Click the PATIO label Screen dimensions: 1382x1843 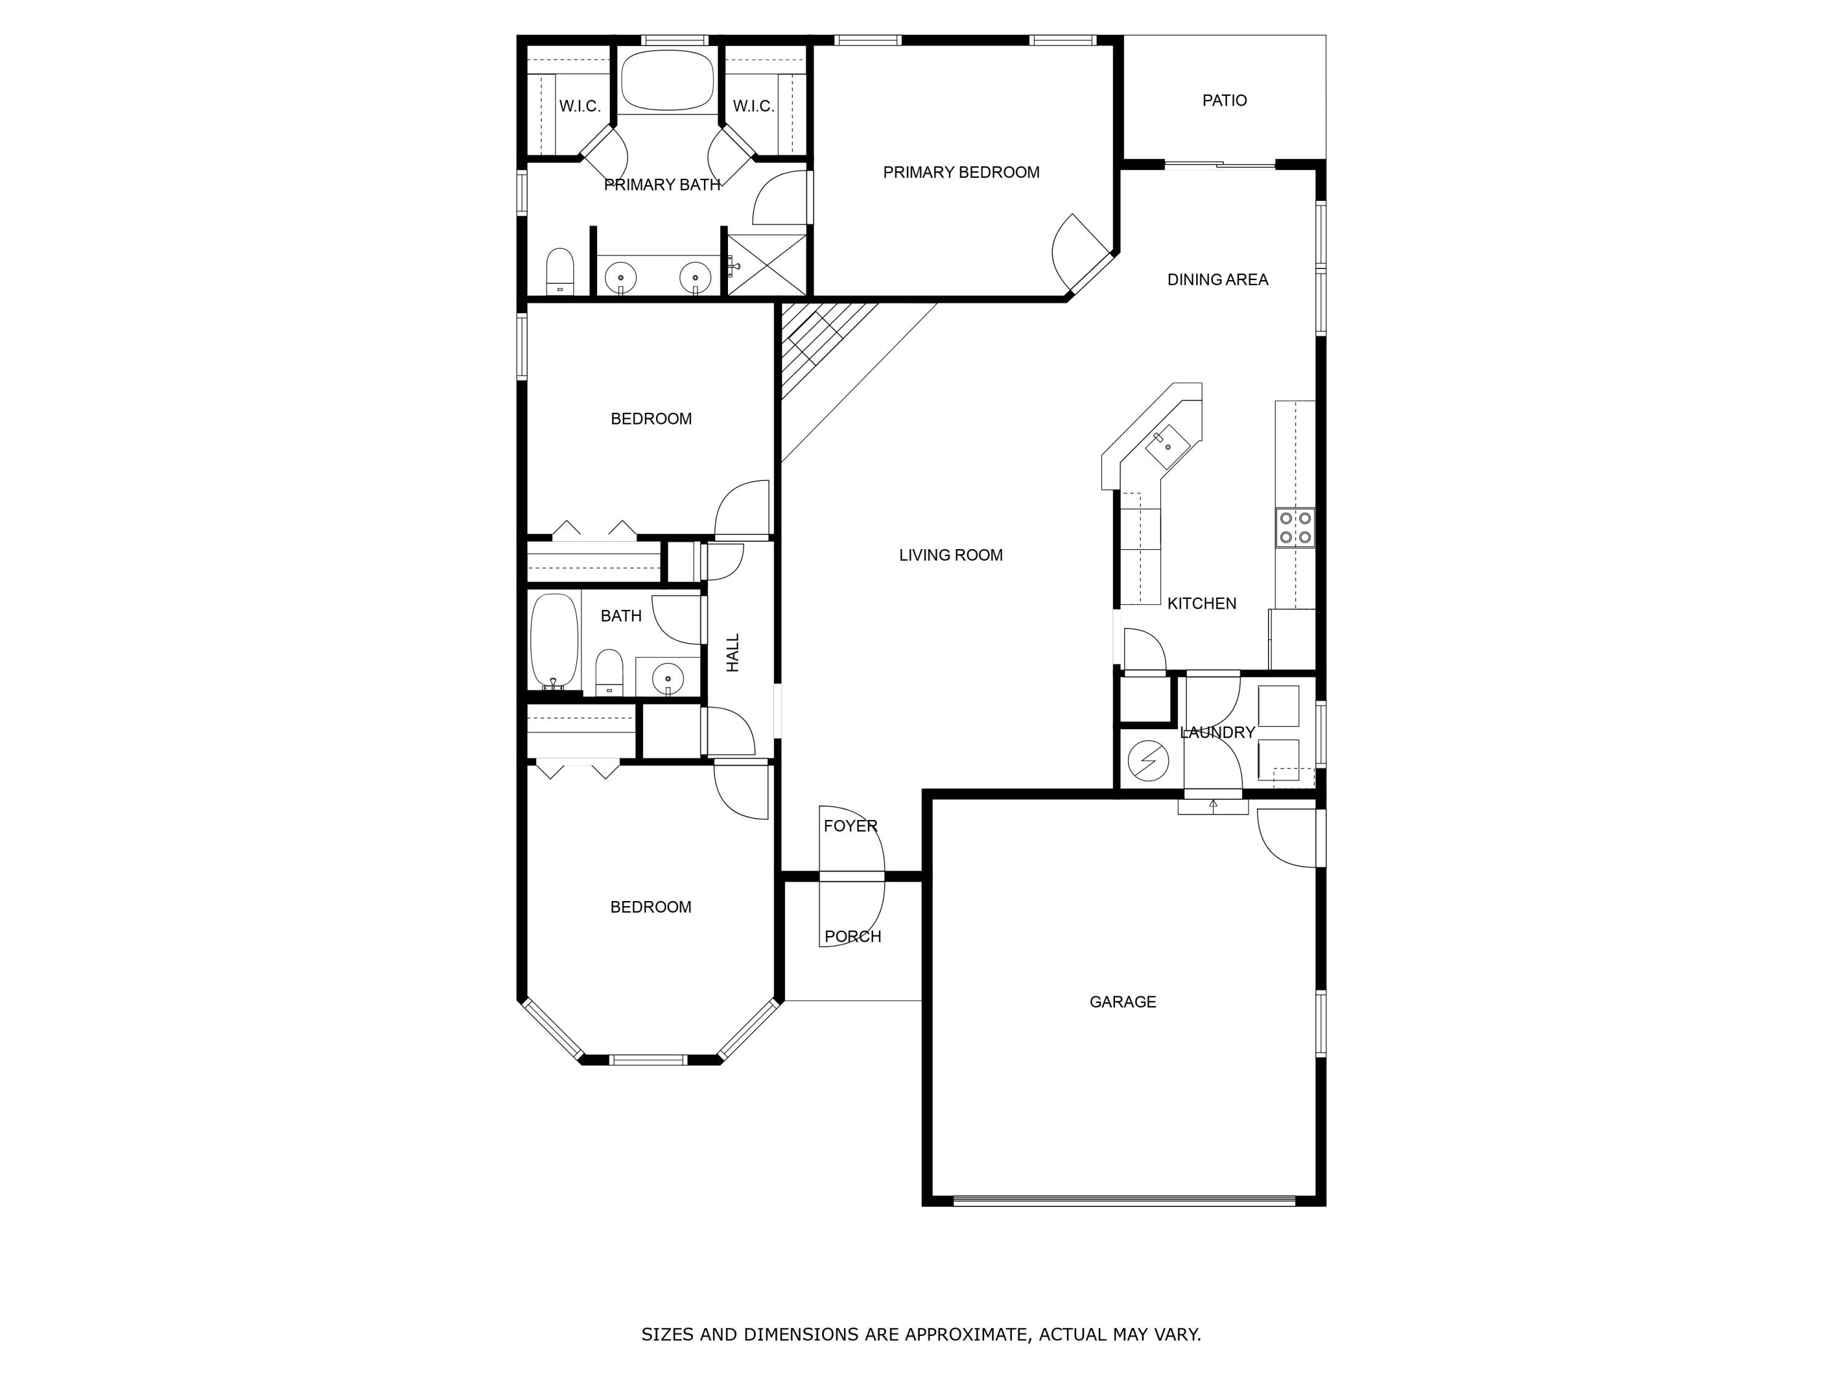(1224, 101)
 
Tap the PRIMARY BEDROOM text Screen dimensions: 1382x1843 (961, 173)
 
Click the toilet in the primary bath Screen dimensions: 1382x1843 (560, 271)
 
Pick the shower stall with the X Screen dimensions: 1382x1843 (767, 264)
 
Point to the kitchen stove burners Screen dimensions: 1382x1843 (1295, 527)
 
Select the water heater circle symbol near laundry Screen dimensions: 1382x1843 (1148, 760)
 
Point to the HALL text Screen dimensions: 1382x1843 (733, 652)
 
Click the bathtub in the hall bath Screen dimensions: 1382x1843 (554, 641)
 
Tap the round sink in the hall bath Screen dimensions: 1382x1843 (667, 679)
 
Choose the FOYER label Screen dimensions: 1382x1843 (850, 826)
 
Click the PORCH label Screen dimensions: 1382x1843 (852, 936)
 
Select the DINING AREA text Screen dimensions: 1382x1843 (1217, 280)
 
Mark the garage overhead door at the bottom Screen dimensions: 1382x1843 (1124, 1200)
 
